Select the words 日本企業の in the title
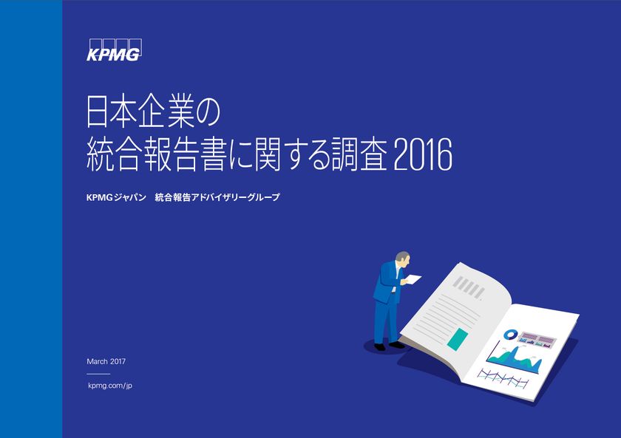[154, 113]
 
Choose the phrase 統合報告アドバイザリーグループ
[217, 198]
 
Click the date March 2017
[106, 361]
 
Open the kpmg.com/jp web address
[109, 386]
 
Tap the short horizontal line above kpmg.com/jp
[98, 374]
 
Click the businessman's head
[402, 259]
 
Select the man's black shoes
[387, 345]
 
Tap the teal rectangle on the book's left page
[458, 337]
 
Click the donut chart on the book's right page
[510, 335]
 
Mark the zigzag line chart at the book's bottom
[503, 377]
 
